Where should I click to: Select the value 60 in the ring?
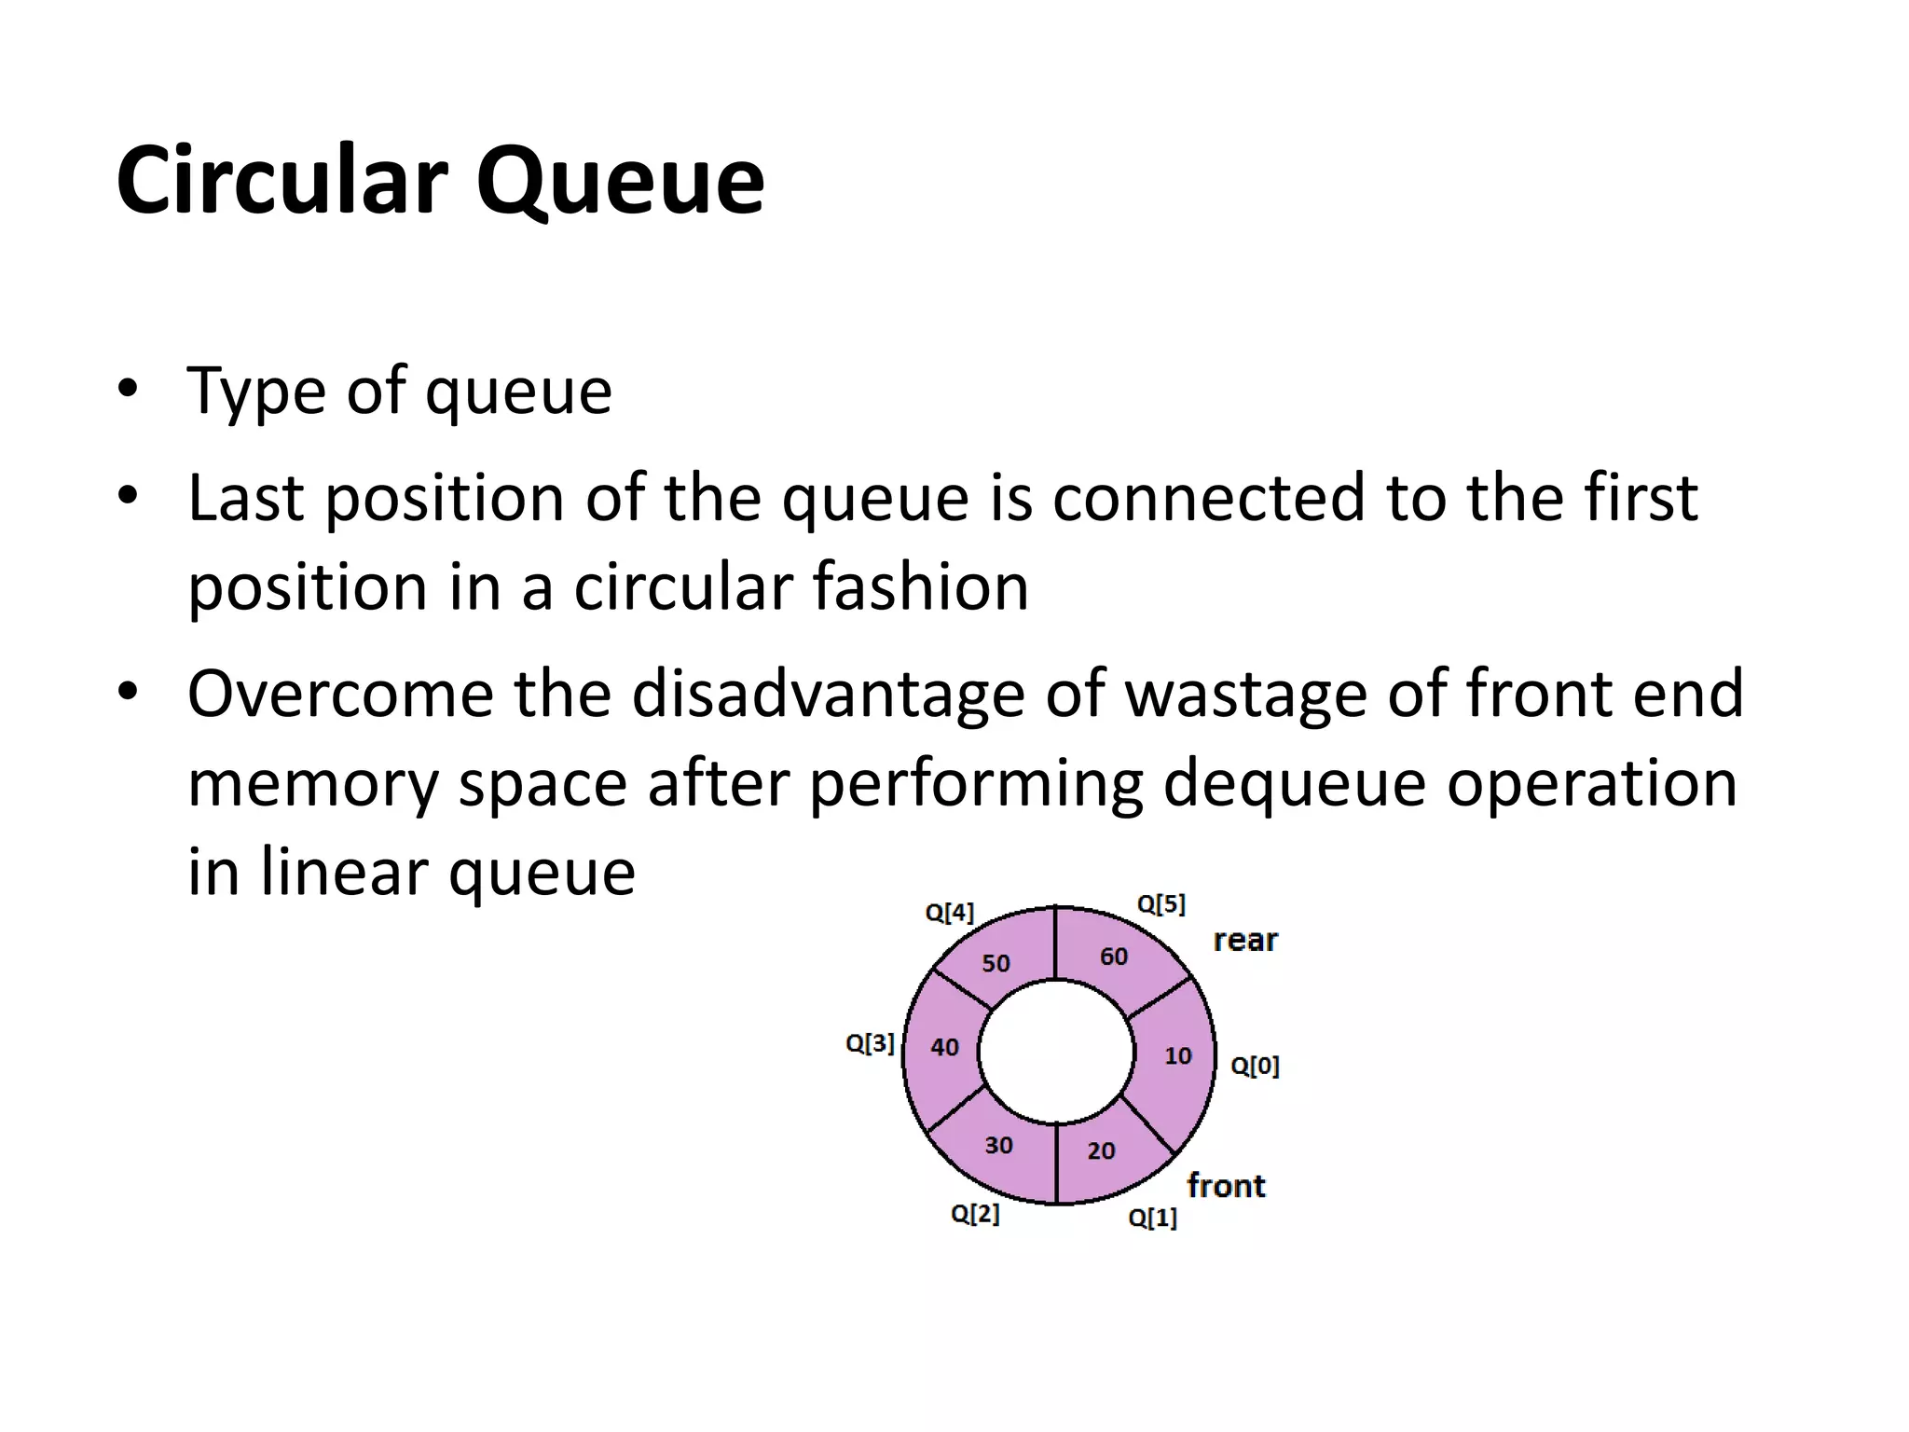tap(1113, 957)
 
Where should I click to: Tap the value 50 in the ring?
tap(996, 964)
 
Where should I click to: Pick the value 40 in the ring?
tap(944, 1048)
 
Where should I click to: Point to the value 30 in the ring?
tap(998, 1146)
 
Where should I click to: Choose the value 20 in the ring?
tap(1101, 1151)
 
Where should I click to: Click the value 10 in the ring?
tap(1178, 1056)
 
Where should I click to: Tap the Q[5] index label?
tap(1161, 904)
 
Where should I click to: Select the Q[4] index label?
tap(949, 913)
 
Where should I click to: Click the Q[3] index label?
tap(870, 1044)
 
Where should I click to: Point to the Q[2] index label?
tap(975, 1214)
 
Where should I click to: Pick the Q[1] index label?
tap(1152, 1219)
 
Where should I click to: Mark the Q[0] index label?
tap(1255, 1066)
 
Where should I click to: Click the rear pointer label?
tap(1245, 941)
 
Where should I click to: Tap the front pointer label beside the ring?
tap(1226, 1186)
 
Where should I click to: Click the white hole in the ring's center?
tap(1056, 1053)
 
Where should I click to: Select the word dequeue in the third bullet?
tap(1294, 783)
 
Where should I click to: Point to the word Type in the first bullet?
tap(257, 392)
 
